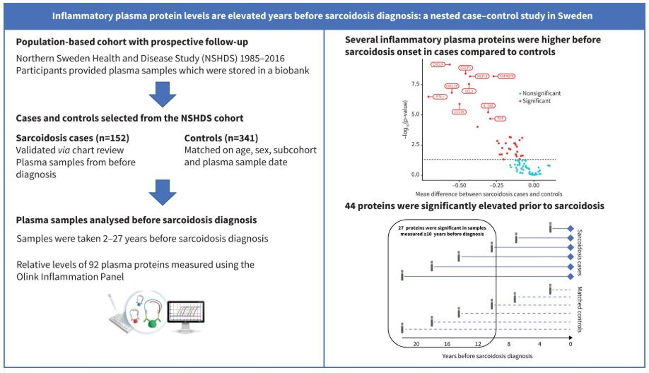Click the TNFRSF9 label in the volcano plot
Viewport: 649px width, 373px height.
pos(507,76)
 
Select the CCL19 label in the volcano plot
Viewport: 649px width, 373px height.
pos(459,111)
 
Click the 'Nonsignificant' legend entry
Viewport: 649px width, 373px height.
pos(543,93)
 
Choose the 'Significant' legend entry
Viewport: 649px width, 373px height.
pos(538,101)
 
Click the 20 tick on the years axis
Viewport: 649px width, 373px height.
pos(416,343)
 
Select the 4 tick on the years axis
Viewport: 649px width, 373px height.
pos(540,343)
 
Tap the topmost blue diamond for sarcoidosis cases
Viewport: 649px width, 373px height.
pos(571,227)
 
